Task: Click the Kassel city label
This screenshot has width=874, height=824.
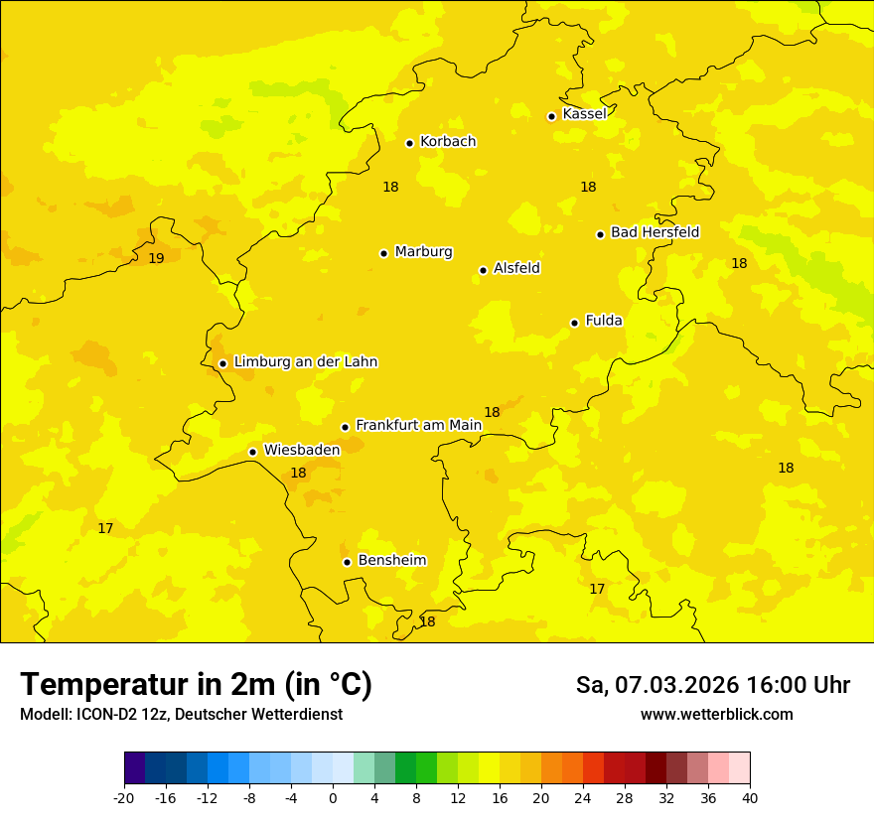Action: [x=584, y=114]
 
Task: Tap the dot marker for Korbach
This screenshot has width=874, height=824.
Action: [x=409, y=143]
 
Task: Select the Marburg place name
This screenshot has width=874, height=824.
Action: [x=423, y=252]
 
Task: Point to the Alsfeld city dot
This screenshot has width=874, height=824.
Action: [x=483, y=270]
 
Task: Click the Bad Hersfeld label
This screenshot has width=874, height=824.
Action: [x=655, y=232]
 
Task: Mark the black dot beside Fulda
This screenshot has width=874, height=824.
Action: [x=574, y=323]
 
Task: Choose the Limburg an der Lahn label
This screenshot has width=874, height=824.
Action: [x=305, y=362]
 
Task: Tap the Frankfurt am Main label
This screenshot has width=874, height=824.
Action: [x=418, y=425]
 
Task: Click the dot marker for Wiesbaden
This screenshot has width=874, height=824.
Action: [x=252, y=452]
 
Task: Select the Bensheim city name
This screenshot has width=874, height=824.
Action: [x=391, y=560]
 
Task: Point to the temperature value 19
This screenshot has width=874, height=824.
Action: [x=156, y=258]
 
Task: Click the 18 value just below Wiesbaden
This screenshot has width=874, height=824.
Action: [x=298, y=474]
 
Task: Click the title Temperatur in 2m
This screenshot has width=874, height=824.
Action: [x=196, y=684]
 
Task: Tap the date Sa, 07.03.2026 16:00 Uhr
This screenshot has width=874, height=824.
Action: [x=712, y=685]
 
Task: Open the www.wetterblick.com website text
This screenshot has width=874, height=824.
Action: [x=716, y=714]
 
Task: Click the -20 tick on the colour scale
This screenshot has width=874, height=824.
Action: [x=124, y=797]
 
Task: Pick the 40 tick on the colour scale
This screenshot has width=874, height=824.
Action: [x=750, y=797]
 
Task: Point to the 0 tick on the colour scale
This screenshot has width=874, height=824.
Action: [x=333, y=797]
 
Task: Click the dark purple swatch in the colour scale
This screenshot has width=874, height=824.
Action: [x=134, y=768]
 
